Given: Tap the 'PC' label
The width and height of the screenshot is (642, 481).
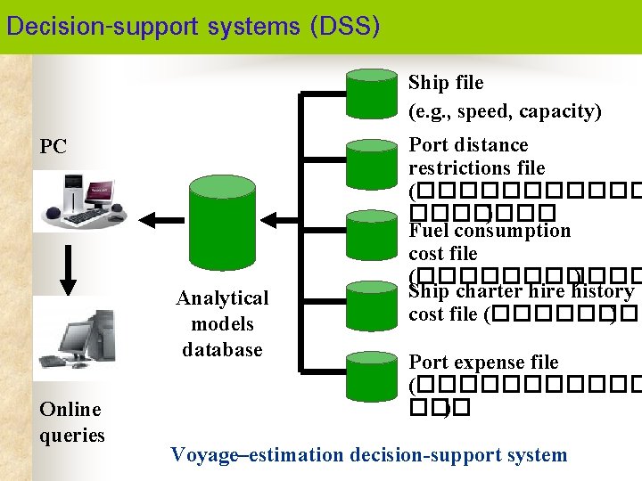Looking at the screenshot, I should (x=53, y=147).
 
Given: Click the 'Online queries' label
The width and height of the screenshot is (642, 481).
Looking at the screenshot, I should (x=71, y=422).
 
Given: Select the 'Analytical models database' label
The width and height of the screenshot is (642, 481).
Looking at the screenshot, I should (x=222, y=323).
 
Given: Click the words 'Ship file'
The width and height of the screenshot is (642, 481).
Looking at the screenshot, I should (x=446, y=83).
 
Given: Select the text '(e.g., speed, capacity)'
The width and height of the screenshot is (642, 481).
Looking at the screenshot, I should (x=505, y=111).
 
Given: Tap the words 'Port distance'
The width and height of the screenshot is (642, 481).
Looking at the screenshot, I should (x=468, y=144).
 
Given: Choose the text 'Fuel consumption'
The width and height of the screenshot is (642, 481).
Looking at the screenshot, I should (x=490, y=231).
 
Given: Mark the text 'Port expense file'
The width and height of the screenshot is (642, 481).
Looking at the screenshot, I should (x=483, y=362).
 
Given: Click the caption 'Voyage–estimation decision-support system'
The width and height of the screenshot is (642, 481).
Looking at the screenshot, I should (x=368, y=455).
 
